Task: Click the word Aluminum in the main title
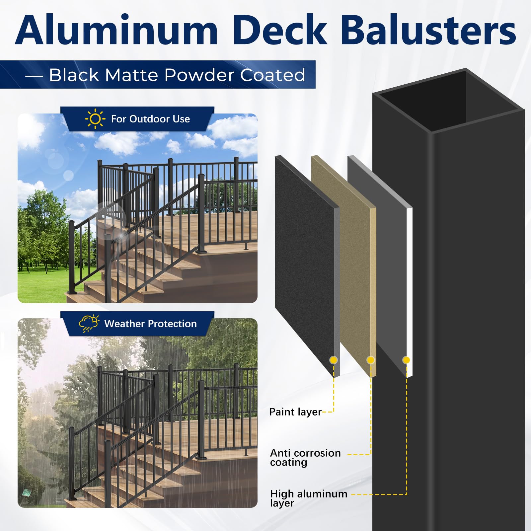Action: coord(116,31)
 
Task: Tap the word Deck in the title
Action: coord(280,31)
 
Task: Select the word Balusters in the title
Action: coord(428,31)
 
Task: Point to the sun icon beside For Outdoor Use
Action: coord(95,118)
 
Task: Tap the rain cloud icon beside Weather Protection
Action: coord(89,323)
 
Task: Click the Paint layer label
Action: coord(295,412)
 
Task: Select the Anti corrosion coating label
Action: coord(305,457)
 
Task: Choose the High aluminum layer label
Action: coord(308,498)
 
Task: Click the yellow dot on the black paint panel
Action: coord(334,360)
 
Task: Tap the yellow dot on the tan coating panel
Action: coord(370,360)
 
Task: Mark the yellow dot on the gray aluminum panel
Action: coord(406,360)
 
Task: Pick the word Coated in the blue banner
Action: coord(272,75)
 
